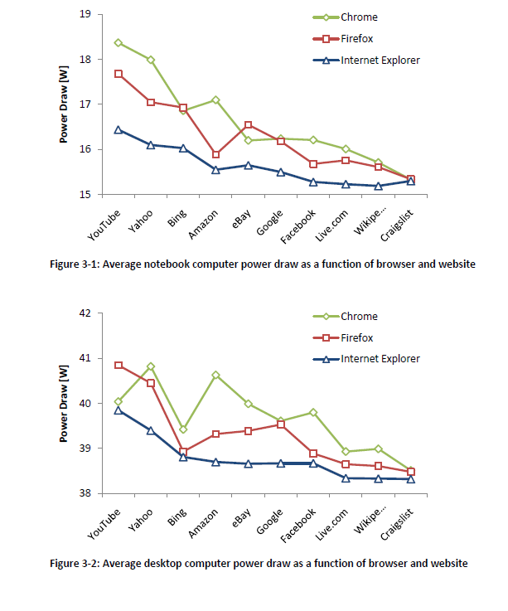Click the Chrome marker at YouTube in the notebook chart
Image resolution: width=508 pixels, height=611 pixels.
pyautogui.click(x=119, y=42)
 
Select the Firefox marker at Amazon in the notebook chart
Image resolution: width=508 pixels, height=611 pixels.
pyautogui.click(x=215, y=154)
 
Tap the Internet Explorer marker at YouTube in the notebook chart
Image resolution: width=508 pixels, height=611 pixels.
pyautogui.click(x=119, y=129)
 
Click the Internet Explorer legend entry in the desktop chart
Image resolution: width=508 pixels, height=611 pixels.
pyautogui.click(x=380, y=359)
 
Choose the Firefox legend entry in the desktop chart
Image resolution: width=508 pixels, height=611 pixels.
pyautogui.click(x=357, y=337)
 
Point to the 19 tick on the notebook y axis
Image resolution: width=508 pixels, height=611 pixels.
pyautogui.click(x=85, y=14)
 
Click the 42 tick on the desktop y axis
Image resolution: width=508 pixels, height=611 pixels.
pyautogui.click(x=85, y=313)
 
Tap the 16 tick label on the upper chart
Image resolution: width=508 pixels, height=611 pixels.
pyautogui.click(x=85, y=149)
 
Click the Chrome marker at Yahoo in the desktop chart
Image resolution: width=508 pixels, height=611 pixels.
pyautogui.click(x=151, y=366)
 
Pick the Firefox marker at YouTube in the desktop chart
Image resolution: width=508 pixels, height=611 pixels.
pyautogui.click(x=119, y=366)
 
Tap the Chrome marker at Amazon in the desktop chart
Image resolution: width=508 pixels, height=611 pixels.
pyautogui.click(x=215, y=375)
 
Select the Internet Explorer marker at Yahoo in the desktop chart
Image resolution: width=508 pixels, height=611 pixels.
pyautogui.click(x=151, y=430)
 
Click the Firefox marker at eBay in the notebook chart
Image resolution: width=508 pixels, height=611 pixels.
pyautogui.click(x=248, y=125)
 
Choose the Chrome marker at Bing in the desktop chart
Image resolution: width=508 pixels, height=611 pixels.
pyautogui.click(x=183, y=429)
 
